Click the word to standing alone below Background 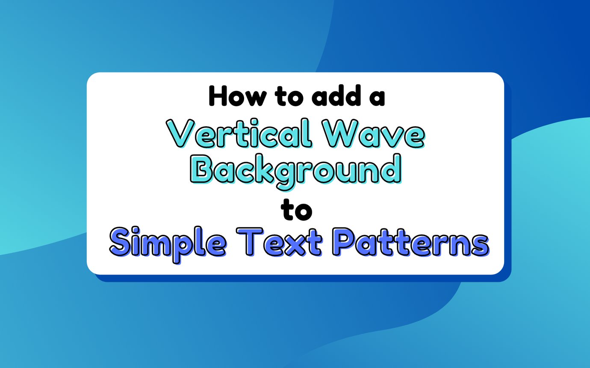tap(295, 211)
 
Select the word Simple tap(167, 243)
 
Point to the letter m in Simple tap(162, 244)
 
